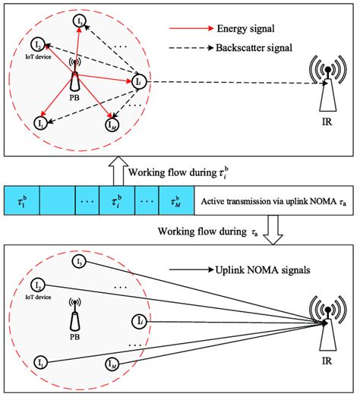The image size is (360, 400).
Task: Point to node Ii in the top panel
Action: tap(137, 80)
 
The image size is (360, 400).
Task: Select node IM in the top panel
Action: tap(110, 120)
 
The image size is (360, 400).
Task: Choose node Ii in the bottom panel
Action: tap(137, 319)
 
